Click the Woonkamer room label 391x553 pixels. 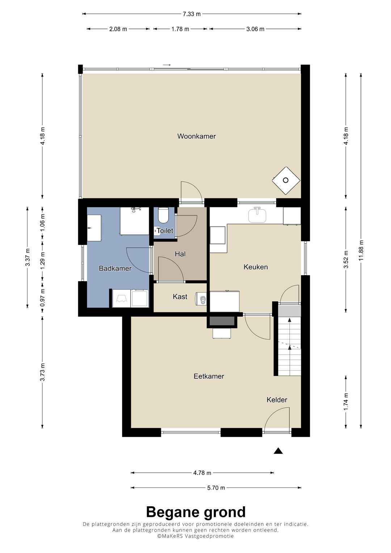[x=197, y=136]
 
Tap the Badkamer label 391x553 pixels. [x=115, y=268]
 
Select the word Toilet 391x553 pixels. [x=165, y=231]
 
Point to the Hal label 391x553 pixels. [x=180, y=254]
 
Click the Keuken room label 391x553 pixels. [x=256, y=267]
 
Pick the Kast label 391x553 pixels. [x=180, y=297]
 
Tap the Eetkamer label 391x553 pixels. [x=209, y=376]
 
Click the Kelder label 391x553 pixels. [x=277, y=400]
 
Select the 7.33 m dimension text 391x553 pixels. [x=192, y=14]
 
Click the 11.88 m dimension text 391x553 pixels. [x=361, y=250]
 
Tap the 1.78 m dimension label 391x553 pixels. [x=180, y=29]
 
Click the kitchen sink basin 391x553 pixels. [x=257, y=215]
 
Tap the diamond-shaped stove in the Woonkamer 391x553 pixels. [x=286, y=180]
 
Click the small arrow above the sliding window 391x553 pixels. [x=167, y=65]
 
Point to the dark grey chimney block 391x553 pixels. [x=222, y=321]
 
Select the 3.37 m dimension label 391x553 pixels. [x=28, y=257]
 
